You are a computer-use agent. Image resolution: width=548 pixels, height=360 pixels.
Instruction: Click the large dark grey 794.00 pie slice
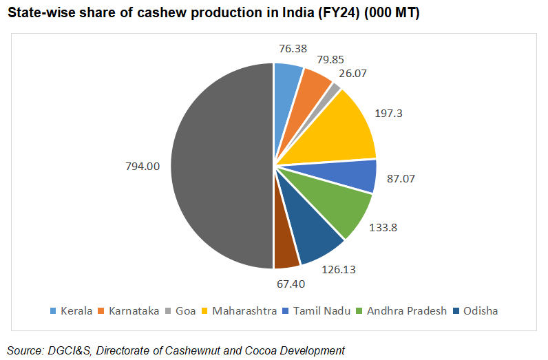click(220, 165)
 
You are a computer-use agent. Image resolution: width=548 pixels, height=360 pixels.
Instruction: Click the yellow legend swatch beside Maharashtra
click(204, 311)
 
